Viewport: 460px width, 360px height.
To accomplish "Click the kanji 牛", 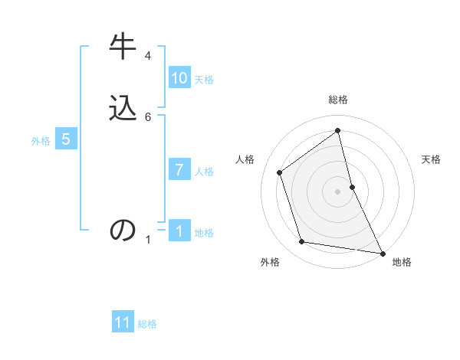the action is click(123, 47).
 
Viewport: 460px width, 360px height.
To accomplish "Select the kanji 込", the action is click(123, 108).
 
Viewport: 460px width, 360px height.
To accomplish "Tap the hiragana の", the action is click(123, 231).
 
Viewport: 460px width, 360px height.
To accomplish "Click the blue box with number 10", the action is click(179, 78).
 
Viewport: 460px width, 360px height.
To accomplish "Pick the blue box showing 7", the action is click(179, 170).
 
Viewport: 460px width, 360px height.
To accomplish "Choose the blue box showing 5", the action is click(66, 139).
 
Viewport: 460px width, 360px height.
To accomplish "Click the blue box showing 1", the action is click(179, 231).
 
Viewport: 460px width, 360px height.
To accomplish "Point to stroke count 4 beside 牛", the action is click(148, 56).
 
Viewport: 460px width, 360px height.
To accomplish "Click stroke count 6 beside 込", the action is click(148, 116).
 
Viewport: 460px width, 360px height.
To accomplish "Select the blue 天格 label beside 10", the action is click(204, 80).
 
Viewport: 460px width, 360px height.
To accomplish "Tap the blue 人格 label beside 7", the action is click(204, 172).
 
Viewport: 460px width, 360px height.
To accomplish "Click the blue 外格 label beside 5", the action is click(41, 141).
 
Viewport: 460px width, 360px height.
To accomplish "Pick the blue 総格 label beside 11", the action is click(147, 324).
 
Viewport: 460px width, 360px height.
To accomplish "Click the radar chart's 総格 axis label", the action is click(338, 100).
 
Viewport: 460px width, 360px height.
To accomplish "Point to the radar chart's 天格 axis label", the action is click(431, 159).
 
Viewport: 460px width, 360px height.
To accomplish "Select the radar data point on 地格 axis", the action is click(382, 252).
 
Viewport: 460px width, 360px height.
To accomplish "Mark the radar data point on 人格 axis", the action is click(280, 172).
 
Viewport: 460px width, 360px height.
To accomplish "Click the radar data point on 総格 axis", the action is click(338, 131).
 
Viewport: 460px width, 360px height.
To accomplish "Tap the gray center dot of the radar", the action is click(338, 191).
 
